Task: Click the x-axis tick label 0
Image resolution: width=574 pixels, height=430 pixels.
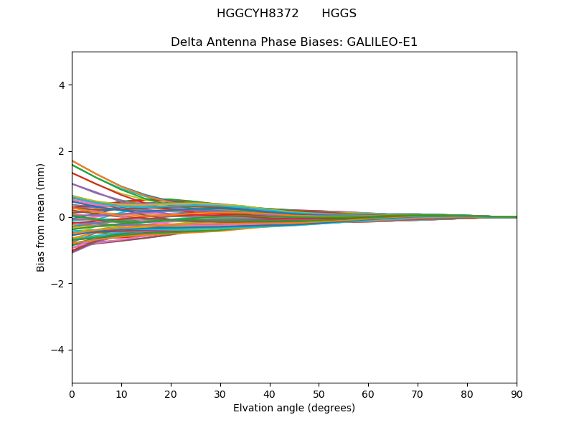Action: pos(72,393)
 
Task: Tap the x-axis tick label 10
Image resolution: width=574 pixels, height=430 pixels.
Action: pos(121,393)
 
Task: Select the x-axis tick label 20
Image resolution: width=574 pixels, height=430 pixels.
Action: pos(171,393)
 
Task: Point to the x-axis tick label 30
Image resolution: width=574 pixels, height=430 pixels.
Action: pos(220,393)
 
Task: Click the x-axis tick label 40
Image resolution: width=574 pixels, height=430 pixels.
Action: pos(270,393)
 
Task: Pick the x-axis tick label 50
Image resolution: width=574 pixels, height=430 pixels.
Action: pos(319,393)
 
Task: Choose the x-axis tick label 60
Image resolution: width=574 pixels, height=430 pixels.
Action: pos(368,393)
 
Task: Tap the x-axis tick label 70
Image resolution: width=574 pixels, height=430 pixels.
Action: pos(418,393)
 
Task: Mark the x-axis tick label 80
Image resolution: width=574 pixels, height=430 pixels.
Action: pos(467,393)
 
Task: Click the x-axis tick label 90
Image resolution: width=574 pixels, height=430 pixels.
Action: pos(517,393)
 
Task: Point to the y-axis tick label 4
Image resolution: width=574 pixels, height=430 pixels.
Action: pos(62,85)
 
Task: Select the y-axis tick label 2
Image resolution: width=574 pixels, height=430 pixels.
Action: pos(62,151)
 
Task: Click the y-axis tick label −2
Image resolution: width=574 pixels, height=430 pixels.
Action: pos(59,284)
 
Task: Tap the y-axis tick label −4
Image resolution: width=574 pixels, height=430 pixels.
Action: pos(59,350)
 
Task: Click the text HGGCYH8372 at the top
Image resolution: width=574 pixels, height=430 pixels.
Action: pos(258,14)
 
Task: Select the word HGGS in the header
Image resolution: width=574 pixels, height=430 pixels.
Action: pos(339,14)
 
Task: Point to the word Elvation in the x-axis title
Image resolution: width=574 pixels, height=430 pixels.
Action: pos(253,408)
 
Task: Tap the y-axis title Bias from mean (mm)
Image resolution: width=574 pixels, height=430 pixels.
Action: pos(42,217)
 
